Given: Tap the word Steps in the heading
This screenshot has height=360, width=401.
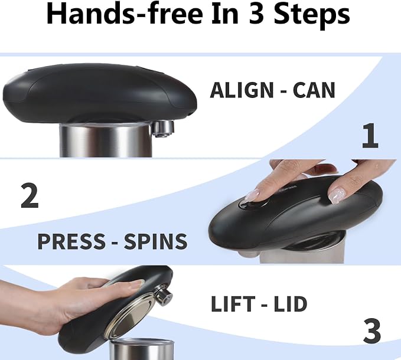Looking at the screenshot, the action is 312,16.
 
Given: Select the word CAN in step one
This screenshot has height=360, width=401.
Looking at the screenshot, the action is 314,90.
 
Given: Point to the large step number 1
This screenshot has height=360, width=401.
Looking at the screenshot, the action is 370,136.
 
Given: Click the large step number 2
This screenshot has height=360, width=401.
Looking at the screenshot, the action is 30,196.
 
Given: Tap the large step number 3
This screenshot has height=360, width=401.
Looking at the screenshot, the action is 372,330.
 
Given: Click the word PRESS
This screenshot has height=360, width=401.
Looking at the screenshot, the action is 71,241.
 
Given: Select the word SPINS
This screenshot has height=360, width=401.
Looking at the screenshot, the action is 155,241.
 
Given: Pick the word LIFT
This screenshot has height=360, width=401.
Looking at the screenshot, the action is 233,304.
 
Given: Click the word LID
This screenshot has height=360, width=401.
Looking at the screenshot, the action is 291,304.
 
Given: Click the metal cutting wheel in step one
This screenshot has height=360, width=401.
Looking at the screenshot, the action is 162,129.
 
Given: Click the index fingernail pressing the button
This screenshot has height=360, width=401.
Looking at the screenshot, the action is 252,195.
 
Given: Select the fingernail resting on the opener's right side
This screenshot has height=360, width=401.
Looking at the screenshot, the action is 337,194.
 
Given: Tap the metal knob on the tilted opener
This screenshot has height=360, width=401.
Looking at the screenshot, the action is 164,296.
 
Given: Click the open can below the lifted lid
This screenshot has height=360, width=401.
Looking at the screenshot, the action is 142,349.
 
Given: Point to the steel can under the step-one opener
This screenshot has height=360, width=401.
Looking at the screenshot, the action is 106,140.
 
